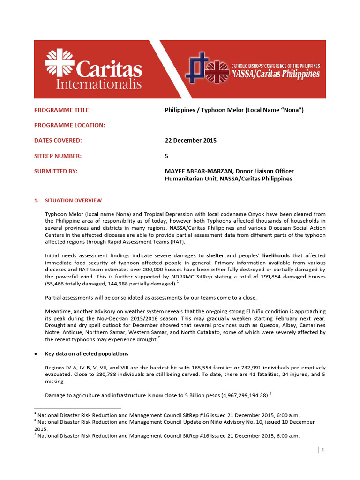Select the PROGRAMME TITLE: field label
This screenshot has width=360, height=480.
click(x=62, y=110)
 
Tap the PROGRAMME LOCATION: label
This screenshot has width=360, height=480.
click(x=69, y=125)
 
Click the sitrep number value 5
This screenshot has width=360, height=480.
click(x=166, y=156)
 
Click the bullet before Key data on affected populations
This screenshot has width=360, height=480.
click(x=36, y=353)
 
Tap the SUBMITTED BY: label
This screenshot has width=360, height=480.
click(x=56, y=171)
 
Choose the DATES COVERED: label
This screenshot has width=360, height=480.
click(x=58, y=141)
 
